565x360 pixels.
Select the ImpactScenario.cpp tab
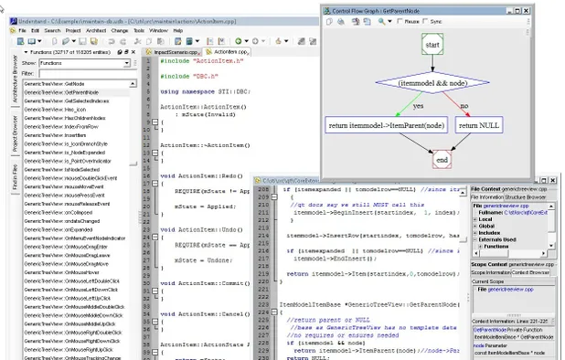(176, 52)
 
